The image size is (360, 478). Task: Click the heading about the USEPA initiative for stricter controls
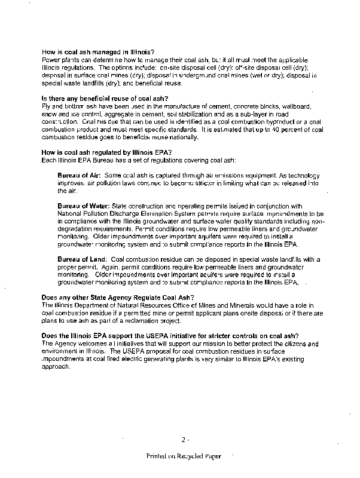coord(170,335)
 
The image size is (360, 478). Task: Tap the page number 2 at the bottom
coord(184,440)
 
